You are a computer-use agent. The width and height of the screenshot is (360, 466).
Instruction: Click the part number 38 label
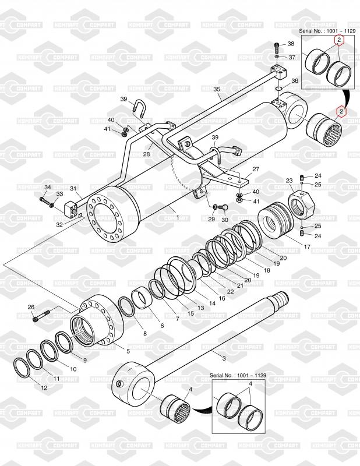[291, 44]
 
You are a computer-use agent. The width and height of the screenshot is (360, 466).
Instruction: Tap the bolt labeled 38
[277, 47]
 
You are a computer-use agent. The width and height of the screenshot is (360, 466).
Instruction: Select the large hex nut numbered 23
[301, 204]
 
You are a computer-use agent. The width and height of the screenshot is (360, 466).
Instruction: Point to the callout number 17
[307, 246]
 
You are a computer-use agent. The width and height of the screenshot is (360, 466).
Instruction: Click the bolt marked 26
[41, 316]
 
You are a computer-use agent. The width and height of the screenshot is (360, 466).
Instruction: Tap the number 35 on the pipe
[217, 89]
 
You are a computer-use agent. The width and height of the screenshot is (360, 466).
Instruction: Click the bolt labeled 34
[44, 200]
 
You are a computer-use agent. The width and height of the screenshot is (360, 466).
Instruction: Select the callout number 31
[73, 188]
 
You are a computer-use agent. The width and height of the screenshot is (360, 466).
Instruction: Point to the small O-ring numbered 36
[278, 89]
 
